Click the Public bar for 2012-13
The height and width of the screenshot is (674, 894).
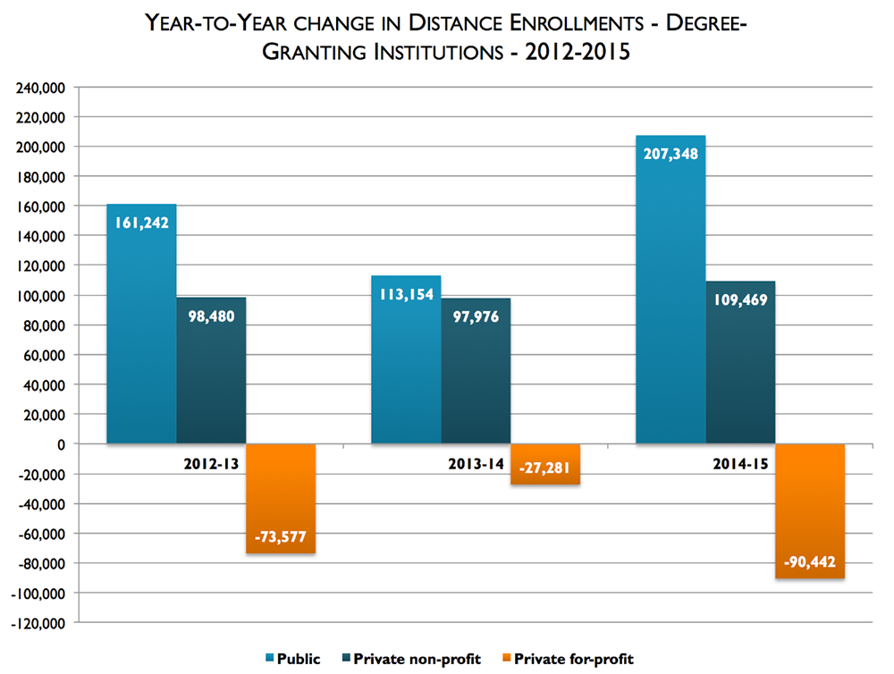tap(141, 340)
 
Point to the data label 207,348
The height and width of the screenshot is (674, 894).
tap(670, 153)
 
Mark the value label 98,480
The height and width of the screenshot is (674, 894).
tap(211, 315)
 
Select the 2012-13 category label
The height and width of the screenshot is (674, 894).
tap(211, 465)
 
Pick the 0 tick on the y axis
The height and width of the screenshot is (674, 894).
tap(61, 444)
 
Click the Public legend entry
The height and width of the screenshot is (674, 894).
tap(292, 659)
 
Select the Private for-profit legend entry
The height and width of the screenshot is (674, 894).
tap(573, 659)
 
